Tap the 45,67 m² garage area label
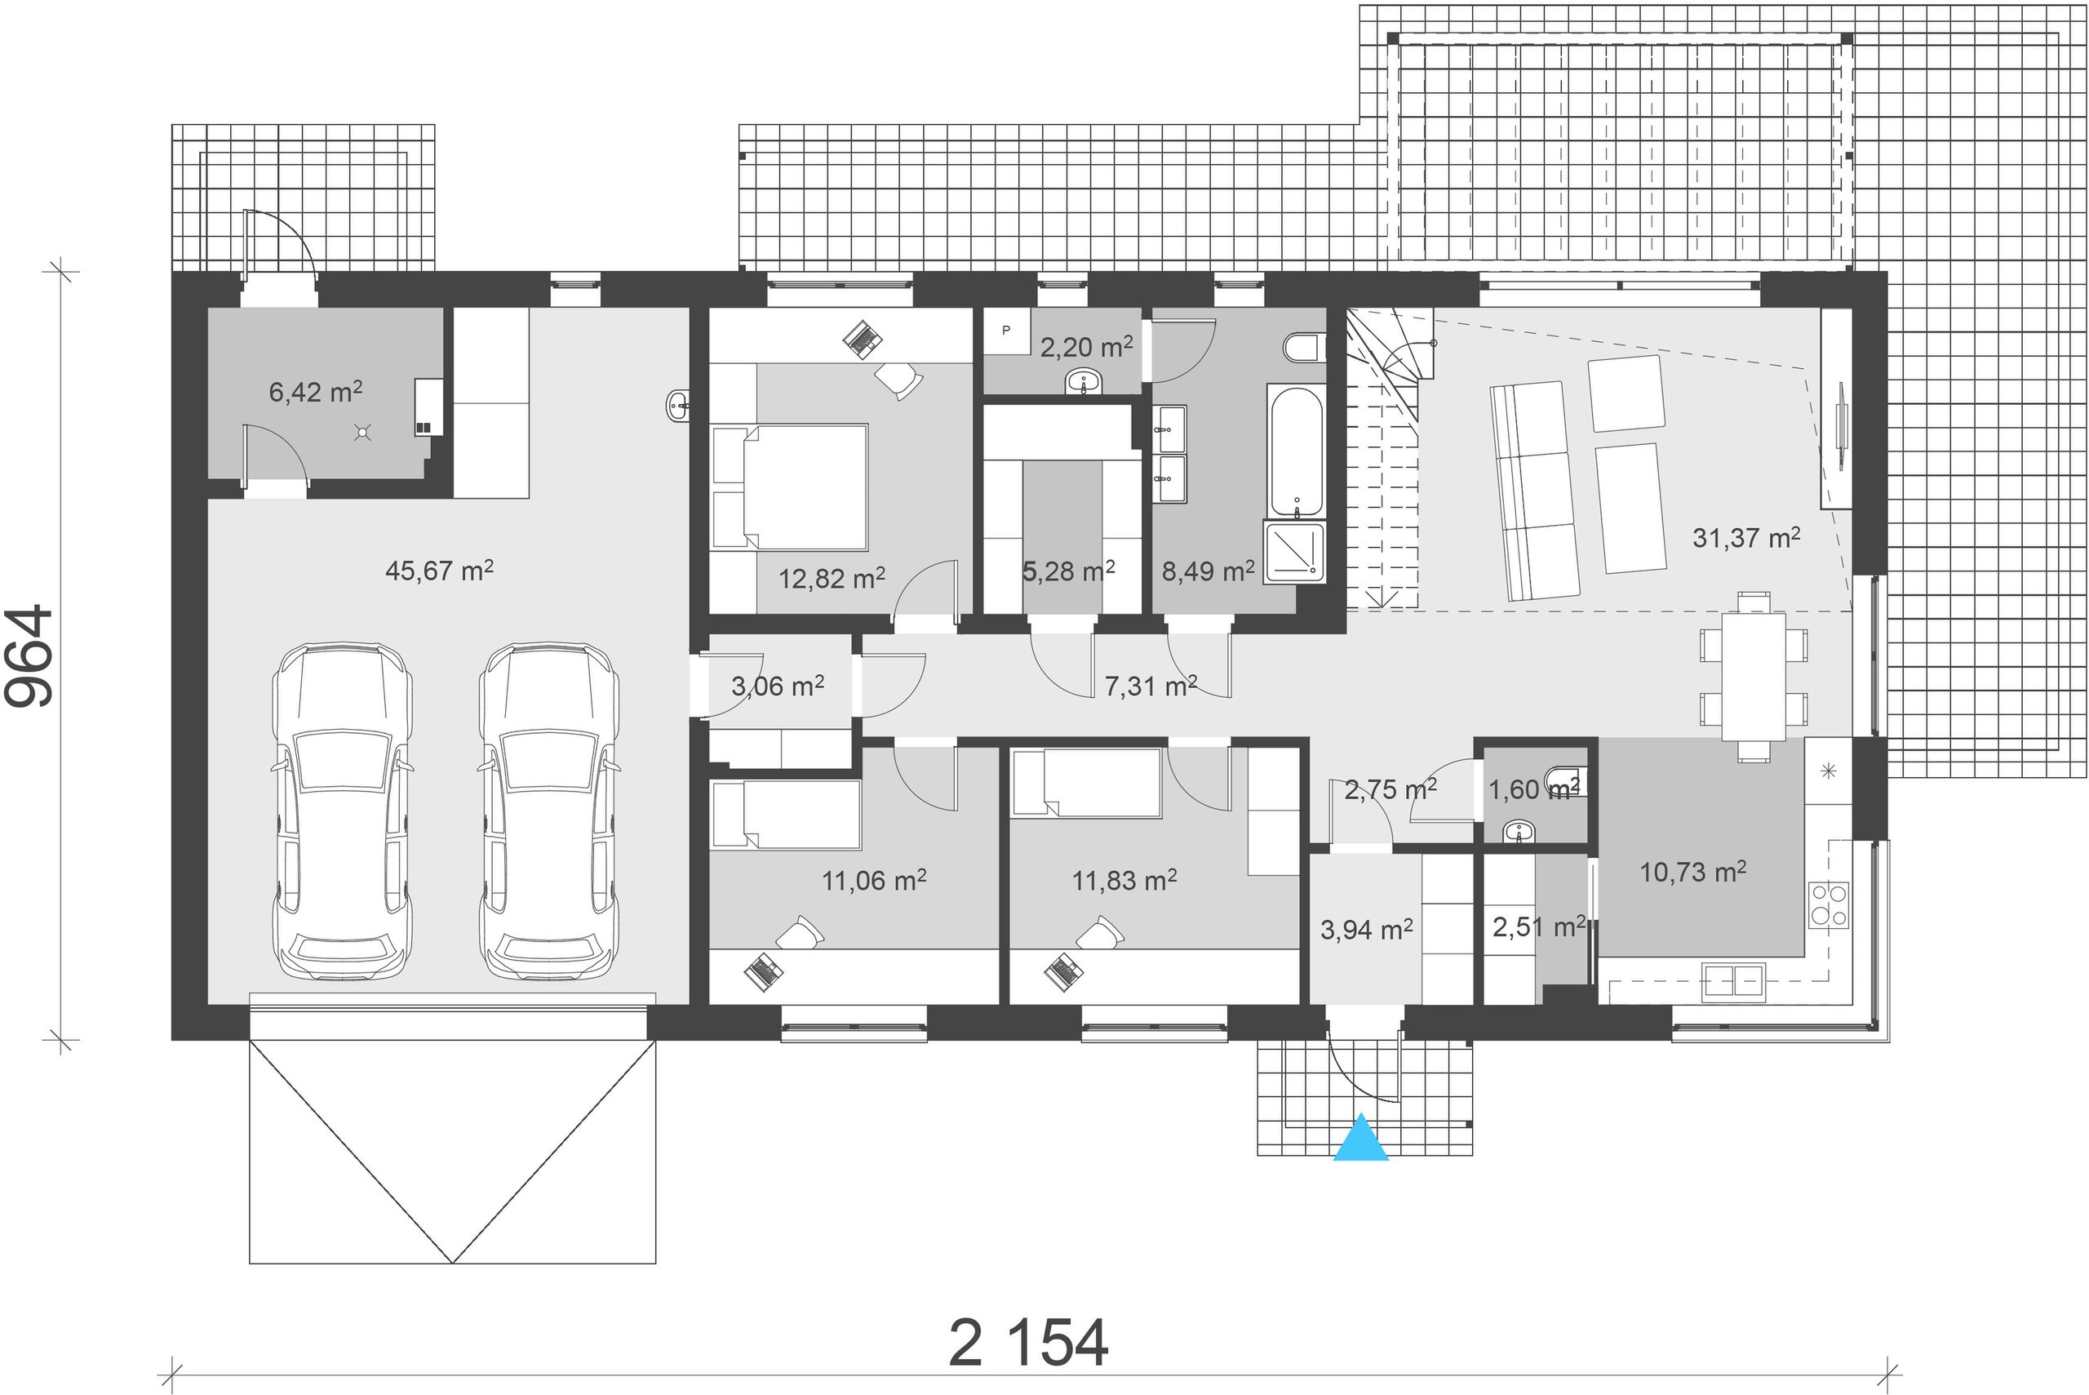(439, 571)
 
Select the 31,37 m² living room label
(1745, 537)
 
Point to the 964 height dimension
(29, 657)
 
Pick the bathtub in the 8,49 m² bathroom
(1296, 452)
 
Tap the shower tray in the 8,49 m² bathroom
(1294, 553)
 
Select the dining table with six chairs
(1753, 677)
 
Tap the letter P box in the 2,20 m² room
(1006, 331)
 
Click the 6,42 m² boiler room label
(316, 392)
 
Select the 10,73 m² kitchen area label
(1692, 872)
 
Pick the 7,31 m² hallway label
(1151, 685)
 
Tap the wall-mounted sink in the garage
(679, 406)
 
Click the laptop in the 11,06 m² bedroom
(763, 971)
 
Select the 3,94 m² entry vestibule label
(1366, 931)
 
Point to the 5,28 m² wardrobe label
(1068, 571)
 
